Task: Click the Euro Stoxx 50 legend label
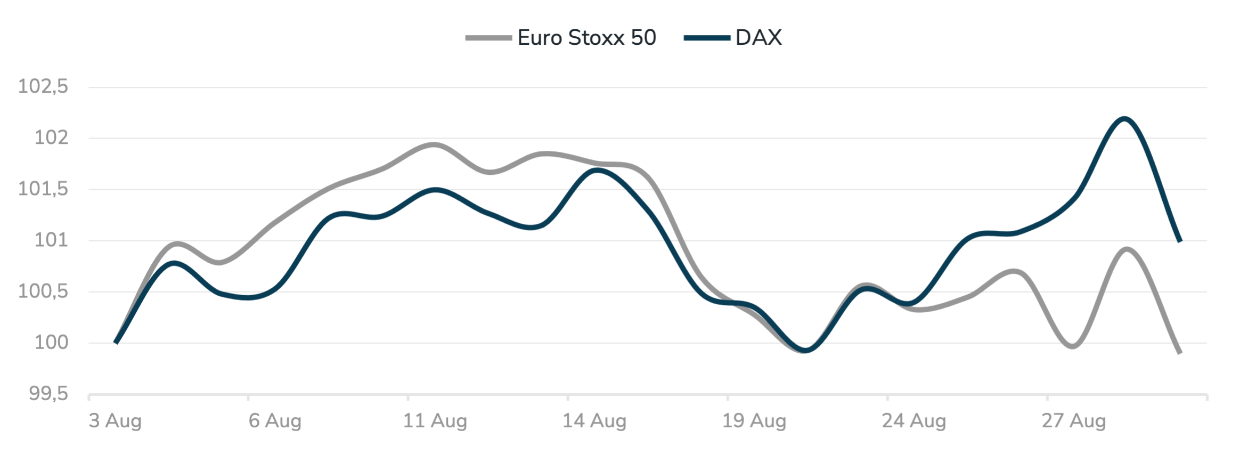point(586,38)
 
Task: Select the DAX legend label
point(758,38)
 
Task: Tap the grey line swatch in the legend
point(488,38)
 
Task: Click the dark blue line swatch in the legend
point(707,38)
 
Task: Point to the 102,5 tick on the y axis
point(43,86)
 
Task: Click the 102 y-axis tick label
point(52,137)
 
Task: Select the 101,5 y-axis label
point(43,189)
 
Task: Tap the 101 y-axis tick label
point(52,240)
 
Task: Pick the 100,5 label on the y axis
point(43,291)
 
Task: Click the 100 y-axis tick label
point(52,342)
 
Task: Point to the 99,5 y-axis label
point(48,394)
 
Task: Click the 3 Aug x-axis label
point(115,421)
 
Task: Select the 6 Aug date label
point(275,421)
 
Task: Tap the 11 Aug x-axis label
point(435,421)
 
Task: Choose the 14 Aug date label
point(594,421)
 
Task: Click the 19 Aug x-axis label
point(754,421)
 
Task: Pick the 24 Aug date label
point(914,421)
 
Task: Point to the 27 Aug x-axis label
point(1074,421)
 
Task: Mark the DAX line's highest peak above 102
point(1124,118)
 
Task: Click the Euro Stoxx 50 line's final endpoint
point(1180,353)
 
